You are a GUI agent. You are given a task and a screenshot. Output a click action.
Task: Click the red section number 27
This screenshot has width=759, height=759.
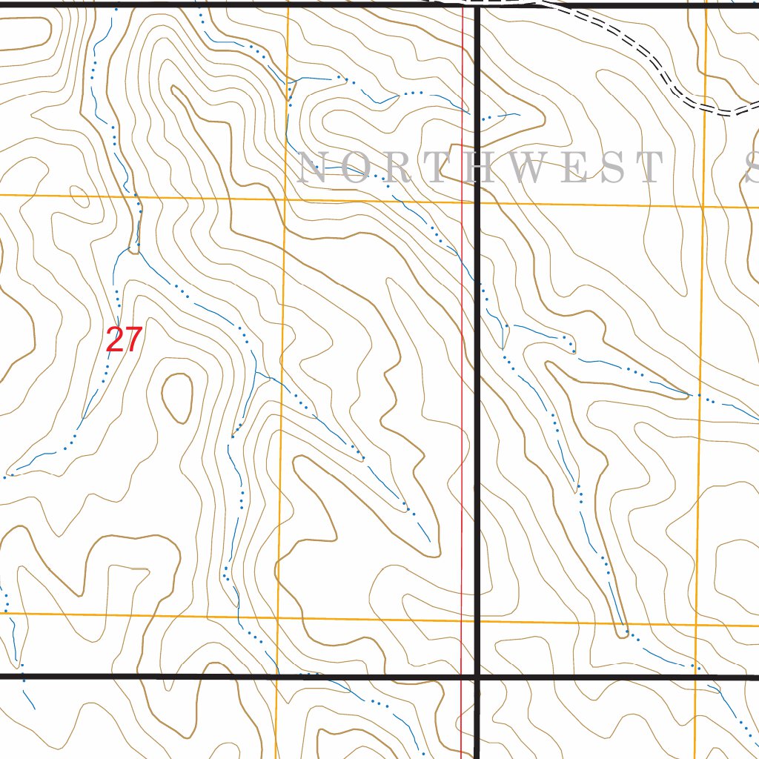tap(124, 340)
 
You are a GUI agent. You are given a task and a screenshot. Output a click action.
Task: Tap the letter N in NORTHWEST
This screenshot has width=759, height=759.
tap(313, 168)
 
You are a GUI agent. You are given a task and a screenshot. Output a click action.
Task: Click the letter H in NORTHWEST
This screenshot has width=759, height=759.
tap(492, 168)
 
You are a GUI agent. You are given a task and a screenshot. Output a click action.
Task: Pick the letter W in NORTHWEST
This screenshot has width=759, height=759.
tap(545, 168)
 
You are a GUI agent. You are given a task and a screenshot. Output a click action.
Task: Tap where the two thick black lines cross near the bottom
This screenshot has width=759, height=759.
tap(477, 677)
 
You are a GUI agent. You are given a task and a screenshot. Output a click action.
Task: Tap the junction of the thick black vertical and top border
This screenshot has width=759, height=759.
tap(477, 6)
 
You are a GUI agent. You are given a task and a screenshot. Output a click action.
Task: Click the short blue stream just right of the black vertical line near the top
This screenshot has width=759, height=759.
tap(504, 116)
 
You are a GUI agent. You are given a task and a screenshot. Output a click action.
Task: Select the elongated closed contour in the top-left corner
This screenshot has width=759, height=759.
tap(26, 34)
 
